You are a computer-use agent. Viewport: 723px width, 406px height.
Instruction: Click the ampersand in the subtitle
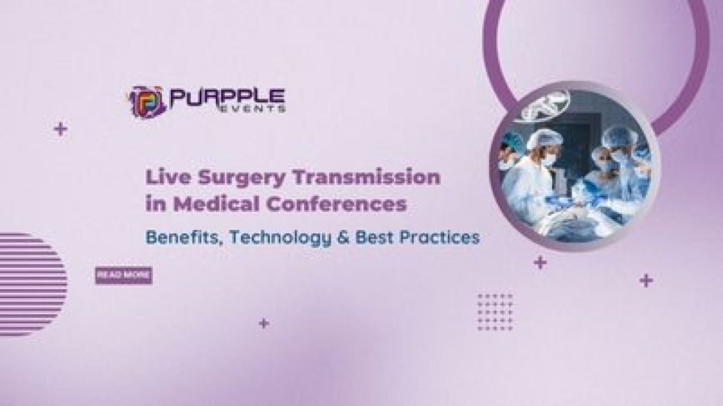pyautogui.click(x=345, y=238)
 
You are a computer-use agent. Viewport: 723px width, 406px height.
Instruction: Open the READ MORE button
pyautogui.click(x=123, y=275)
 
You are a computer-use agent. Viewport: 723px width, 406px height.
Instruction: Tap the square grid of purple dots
pyautogui.click(x=495, y=312)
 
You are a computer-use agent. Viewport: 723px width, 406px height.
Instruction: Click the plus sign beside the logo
pyautogui.click(x=60, y=129)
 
